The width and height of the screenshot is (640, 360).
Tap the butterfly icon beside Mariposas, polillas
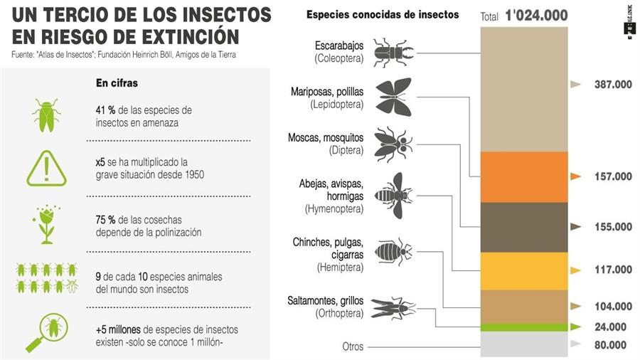click(393, 97)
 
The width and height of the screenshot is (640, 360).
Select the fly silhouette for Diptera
click(393, 143)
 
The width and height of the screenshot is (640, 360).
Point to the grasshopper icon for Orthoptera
click(393, 307)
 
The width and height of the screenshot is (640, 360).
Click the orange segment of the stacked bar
click(525, 176)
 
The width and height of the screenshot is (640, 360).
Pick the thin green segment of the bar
click(525, 327)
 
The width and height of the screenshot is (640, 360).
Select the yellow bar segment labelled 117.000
click(525, 270)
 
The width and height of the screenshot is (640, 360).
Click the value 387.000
click(613, 85)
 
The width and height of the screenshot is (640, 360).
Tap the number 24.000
click(610, 327)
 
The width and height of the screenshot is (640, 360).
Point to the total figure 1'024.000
click(538, 15)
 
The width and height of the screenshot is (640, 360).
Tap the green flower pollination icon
click(48, 223)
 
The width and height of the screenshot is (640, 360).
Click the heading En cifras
click(117, 83)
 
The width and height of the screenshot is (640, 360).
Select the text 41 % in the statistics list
click(105, 110)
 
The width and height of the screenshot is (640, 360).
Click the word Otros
click(352, 347)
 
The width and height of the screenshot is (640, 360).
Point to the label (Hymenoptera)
click(334, 208)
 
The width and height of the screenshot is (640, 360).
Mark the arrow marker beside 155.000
click(576, 227)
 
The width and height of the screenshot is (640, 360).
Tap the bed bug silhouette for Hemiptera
click(393, 250)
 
